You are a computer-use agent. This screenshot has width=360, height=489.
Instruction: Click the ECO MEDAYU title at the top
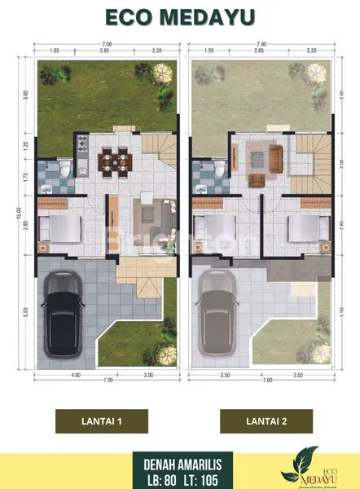click(180, 17)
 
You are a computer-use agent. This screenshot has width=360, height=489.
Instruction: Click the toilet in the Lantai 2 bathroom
click(220, 169)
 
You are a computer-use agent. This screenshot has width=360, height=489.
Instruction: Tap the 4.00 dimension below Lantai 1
click(75, 375)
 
